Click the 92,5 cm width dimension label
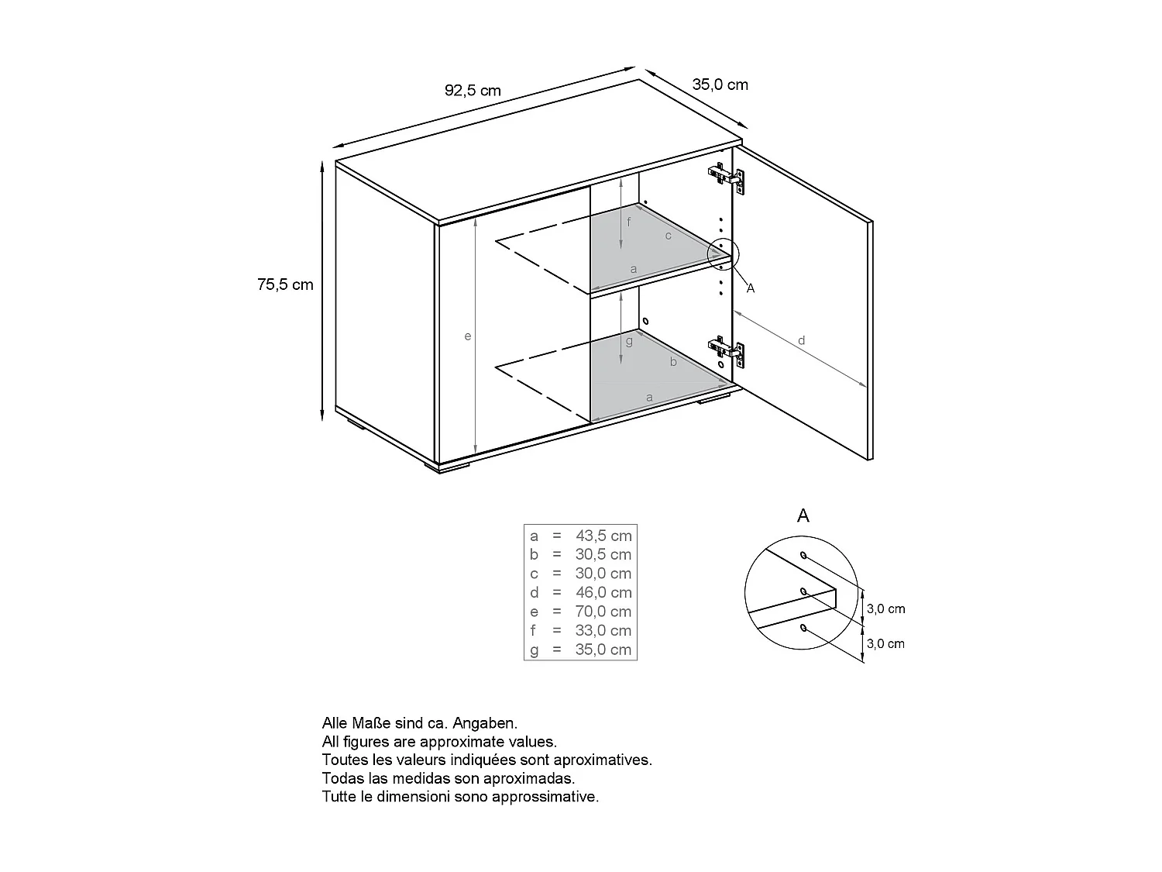pos(473,91)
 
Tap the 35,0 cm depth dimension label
pos(720,84)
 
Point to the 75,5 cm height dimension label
pos(285,284)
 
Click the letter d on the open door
pos(802,340)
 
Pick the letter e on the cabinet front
pos(468,336)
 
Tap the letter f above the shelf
pos(629,223)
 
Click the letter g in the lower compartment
pos(629,341)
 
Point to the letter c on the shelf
pos(669,236)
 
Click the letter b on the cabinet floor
pos(673,362)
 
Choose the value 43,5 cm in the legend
pos(603,536)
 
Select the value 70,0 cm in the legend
pos(603,612)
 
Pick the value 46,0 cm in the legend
pos(603,592)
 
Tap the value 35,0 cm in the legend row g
pos(603,650)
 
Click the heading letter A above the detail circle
pos(803,516)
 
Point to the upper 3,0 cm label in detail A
pos(885,609)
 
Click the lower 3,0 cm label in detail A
pos(885,643)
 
